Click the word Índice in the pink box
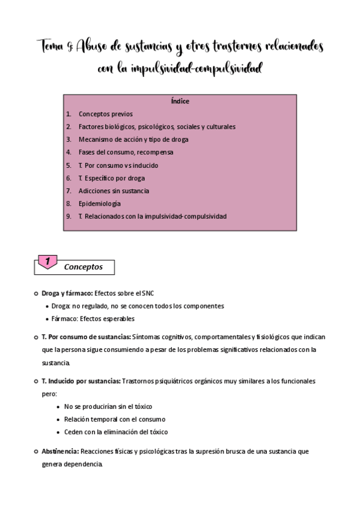coord(180,101)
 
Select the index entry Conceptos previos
coord(105,114)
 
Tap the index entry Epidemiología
coord(99,203)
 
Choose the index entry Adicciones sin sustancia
coord(114,191)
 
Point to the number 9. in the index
coord(69,216)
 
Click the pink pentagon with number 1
coord(47,262)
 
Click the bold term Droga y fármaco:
coord(66,293)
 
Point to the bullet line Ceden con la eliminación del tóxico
coord(116,432)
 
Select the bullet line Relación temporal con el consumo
coord(114,419)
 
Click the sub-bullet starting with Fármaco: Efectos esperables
coord(93,319)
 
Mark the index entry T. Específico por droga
coord(111,178)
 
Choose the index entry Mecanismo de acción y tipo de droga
coord(133,140)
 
